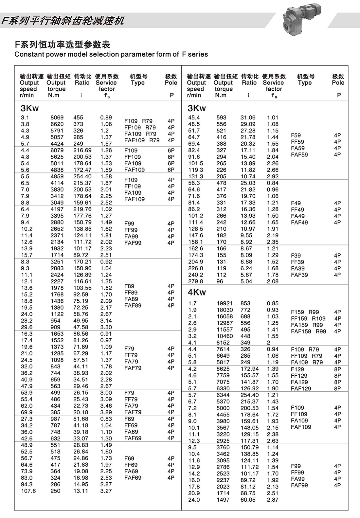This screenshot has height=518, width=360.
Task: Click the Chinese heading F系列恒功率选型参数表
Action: (x=63, y=45)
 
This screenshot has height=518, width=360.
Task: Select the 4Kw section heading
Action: (x=197, y=292)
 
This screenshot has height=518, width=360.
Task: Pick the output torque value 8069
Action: (x=57, y=117)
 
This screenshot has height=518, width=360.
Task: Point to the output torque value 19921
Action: (x=225, y=303)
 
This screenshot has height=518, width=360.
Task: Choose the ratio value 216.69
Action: (x=82, y=150)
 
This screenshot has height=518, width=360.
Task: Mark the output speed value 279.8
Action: (x=195, y=281)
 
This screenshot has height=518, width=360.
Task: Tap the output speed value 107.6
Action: (x=28, y=491)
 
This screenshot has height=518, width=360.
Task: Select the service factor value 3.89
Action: (x=106, y=412)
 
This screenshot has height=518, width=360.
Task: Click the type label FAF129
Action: (x=301, y=388)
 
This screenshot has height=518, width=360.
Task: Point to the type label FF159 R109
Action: (x=308, y=318)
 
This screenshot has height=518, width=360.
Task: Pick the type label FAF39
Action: (x=299, y=275)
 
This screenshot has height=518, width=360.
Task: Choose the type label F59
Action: (x=296, y=135)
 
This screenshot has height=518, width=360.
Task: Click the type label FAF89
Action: (x=133, y=305)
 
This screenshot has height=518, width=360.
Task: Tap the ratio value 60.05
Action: (x=248, y=500)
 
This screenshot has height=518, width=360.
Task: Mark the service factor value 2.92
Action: (x=272, y=176)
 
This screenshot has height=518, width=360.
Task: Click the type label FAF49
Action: (x=299, y=223)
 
